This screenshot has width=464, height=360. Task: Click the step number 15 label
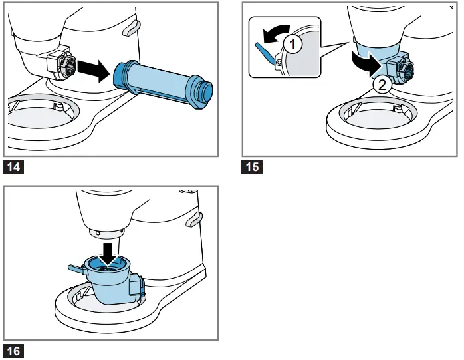click(x=252, y=167)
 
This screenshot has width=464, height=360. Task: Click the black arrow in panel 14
click(x=92, y=68)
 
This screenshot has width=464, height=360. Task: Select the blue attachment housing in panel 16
click(x=110, y=283)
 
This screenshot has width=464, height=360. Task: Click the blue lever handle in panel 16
click(x=76, y=268)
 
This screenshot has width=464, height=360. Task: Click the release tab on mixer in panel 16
click(x=193, y=218)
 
